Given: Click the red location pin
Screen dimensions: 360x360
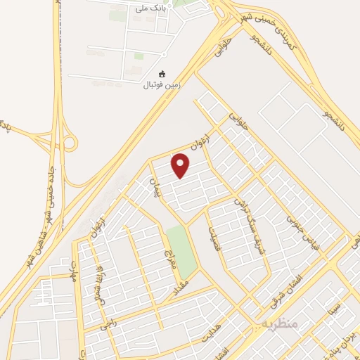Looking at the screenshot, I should [181, 166].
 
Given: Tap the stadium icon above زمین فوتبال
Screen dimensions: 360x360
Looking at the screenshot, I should [162, 74].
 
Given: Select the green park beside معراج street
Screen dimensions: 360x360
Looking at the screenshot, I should [181, 251].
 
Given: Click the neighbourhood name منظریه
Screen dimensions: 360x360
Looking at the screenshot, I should [281, 322].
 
